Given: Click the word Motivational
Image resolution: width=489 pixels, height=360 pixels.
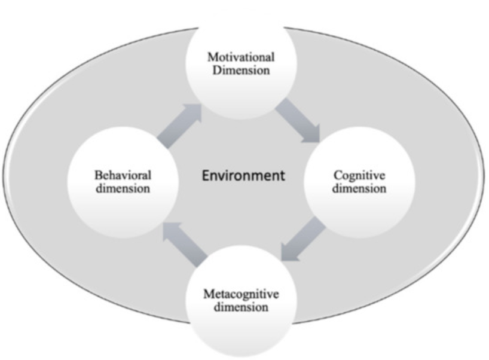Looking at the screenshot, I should tap(241, 57).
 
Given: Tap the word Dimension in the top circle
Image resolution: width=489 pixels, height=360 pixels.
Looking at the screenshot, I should tap(241, 70).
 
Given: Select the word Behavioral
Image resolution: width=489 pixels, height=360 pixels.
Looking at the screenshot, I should tap(123, 175).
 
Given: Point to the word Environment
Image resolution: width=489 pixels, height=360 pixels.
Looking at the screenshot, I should tap(243, 176).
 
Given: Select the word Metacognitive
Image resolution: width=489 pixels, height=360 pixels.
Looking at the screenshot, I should tap(241, 295).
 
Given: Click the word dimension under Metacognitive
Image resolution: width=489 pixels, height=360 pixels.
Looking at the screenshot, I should tap(241, 307).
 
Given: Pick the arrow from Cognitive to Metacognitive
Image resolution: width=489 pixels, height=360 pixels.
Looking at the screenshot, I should tap(303, 240).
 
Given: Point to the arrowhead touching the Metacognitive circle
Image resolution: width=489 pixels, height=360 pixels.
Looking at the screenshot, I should tap(291, 252).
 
